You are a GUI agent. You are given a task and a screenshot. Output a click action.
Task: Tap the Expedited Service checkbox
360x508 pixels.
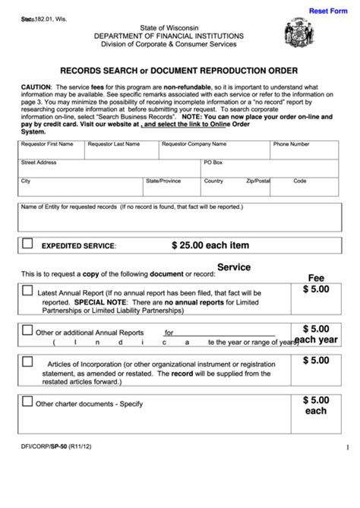(x=27, y=245)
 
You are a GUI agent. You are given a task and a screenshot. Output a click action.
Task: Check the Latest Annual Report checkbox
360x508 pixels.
(x=27, y=291)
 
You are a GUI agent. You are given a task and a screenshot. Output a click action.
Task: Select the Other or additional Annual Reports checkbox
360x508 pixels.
(x=27, y=330)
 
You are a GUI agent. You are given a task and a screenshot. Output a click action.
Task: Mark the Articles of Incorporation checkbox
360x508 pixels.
(x=27, y=363)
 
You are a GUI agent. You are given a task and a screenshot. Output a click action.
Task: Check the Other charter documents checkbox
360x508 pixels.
(x=27, y=403)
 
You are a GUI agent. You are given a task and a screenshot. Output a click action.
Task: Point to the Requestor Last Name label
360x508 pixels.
(x=113, y=144)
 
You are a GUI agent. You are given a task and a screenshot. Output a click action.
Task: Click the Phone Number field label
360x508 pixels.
(x=292, y=144)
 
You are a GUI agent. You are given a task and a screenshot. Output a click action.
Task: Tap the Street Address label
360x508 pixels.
(x=39, y=162)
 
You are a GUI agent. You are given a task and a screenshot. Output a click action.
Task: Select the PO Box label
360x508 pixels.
(x=213, y=162)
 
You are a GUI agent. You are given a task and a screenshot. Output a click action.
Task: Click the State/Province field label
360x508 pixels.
(x=163, y=181)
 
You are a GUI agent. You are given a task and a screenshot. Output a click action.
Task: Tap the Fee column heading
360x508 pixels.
(x=315, y=277)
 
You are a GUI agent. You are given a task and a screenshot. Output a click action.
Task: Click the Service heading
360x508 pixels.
(x=234, y=267)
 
